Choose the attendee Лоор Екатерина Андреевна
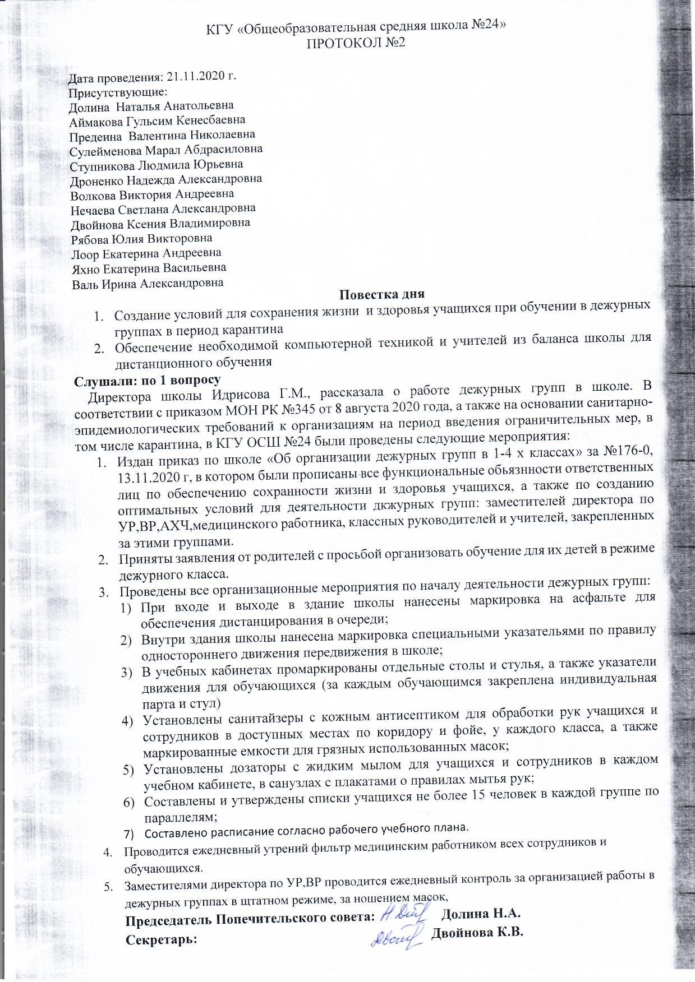pyautogui.click(x=147, y=253)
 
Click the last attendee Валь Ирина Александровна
pyautogui.click(x=148, y=284)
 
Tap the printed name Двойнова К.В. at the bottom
pyautogui.click(x=477, y=933)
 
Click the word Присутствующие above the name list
pyautogui.click(x=118, y=91)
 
